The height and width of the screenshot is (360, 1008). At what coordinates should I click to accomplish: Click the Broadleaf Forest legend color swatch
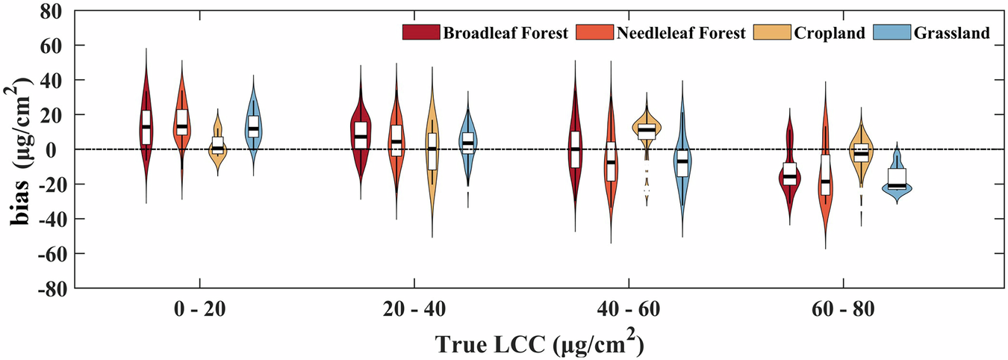pyautogui.click(x=420, y=32)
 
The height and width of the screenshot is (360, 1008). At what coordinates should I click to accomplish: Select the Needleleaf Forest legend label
pyautogui.click(x=680, y=32)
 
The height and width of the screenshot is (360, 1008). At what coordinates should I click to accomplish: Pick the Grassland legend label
pyautogui.click(x=953, y=32)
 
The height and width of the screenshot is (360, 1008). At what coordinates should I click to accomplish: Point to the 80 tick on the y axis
pyautogui.click(x=52, y=10)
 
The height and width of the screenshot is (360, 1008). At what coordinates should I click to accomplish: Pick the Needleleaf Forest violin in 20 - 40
pyautogui.click(x=396, y=142)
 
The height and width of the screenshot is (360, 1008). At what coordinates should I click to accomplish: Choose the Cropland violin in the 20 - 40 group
pyautogui.click(x=432, y=149)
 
